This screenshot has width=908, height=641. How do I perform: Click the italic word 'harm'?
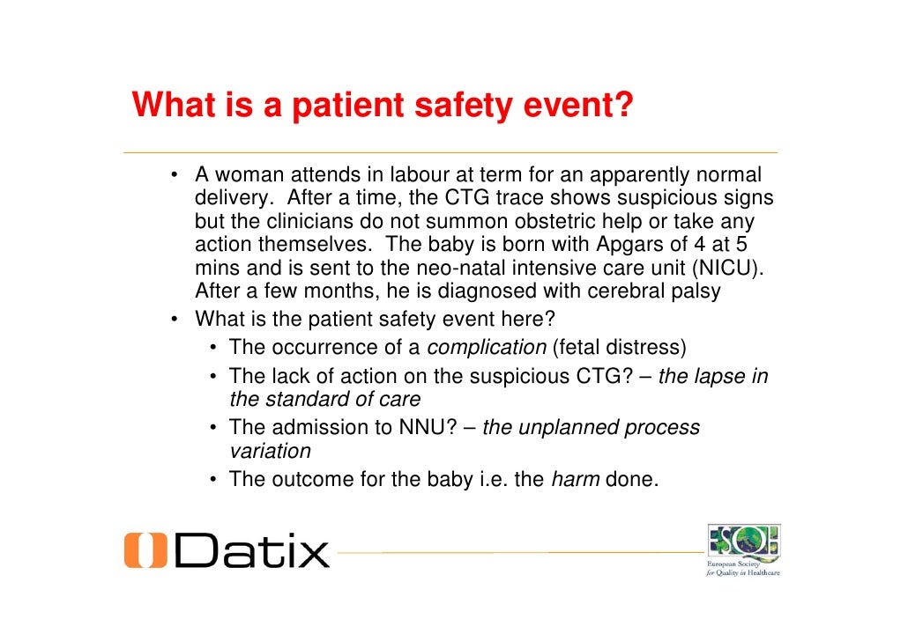575,480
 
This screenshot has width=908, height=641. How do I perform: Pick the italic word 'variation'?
270,451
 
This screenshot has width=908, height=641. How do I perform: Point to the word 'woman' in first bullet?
251,174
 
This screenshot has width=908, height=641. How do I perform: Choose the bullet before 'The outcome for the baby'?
214,480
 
